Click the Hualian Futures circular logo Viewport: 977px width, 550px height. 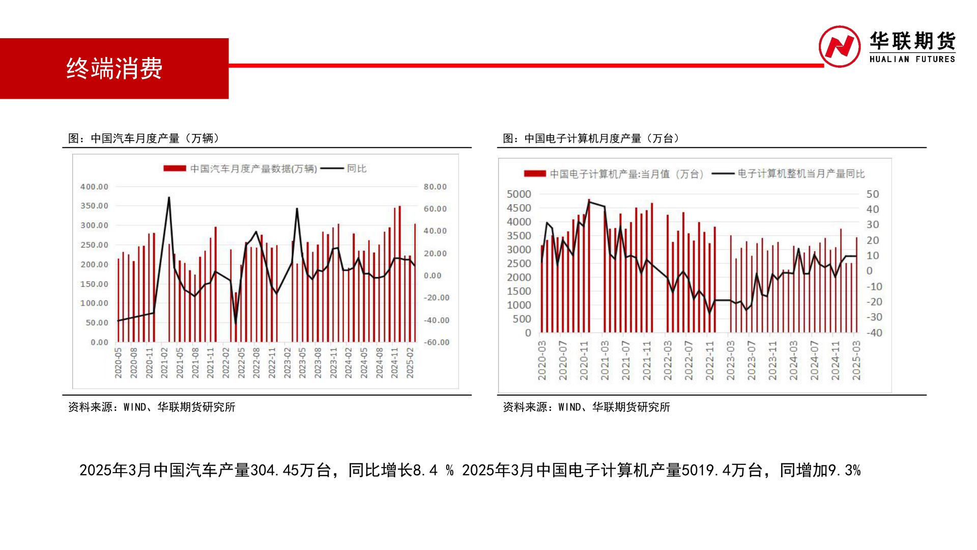(839, 47)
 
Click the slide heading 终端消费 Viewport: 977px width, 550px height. (114, 68)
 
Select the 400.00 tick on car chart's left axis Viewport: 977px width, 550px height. (94, 187)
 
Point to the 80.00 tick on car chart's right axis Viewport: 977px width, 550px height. (435, 187)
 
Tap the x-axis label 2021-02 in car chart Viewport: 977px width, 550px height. (164, 363)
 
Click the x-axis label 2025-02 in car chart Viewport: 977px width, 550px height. (410, 363)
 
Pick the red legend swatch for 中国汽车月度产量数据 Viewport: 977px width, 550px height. (175, 169)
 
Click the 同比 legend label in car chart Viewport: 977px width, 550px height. (356, 169)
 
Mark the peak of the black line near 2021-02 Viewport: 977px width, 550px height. (169, 198)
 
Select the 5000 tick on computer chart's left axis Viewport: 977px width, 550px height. (519, 194)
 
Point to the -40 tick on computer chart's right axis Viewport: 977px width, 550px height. (874, 333)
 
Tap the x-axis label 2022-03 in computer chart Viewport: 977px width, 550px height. (668, 361)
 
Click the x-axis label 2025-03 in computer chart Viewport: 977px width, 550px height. (856, 361)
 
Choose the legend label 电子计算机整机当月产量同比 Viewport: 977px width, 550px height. (801, 174)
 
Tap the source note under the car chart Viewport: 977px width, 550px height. (152, 407)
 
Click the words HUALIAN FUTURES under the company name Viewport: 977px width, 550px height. (912, 59)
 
